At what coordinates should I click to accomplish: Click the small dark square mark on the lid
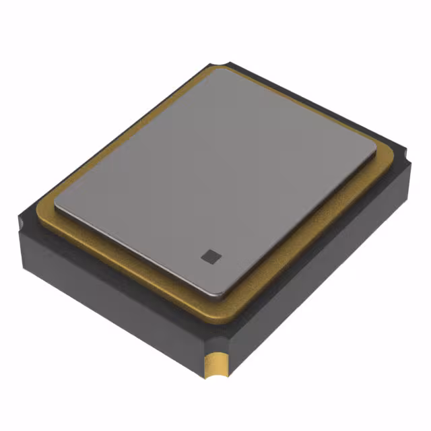[209, 255]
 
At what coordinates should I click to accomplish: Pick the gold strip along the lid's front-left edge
[128, 263]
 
